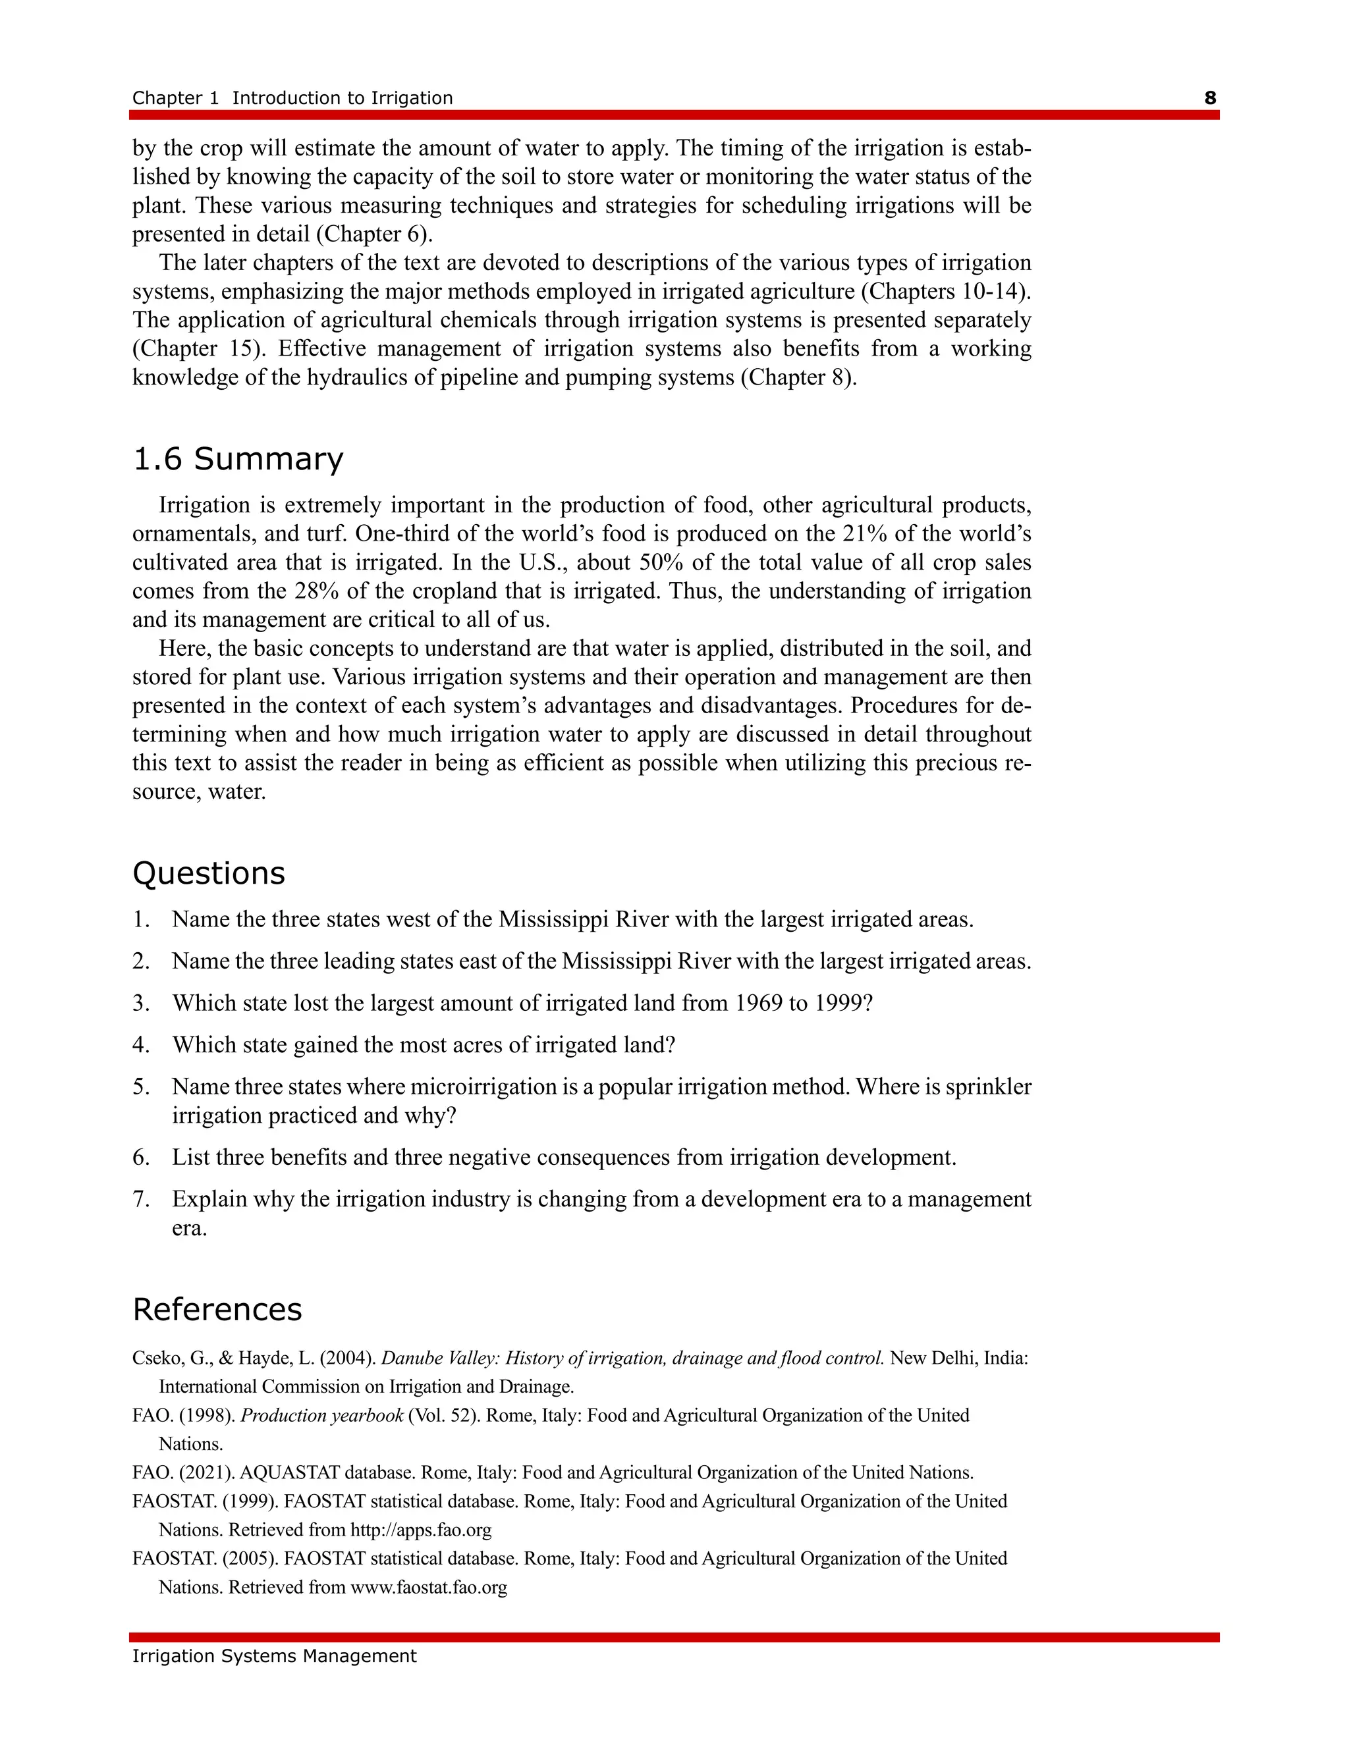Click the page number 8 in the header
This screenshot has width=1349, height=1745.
pos(1210,97)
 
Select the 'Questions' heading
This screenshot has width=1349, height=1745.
pos(209,873)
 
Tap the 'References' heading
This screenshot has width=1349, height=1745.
pos(217,1310)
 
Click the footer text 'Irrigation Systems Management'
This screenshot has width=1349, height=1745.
pos(274,1656)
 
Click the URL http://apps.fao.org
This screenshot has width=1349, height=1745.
pos(420,1530)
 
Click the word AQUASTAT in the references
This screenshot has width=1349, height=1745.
pos(289,1472)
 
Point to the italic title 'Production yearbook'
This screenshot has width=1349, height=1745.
pos(321,1416)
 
